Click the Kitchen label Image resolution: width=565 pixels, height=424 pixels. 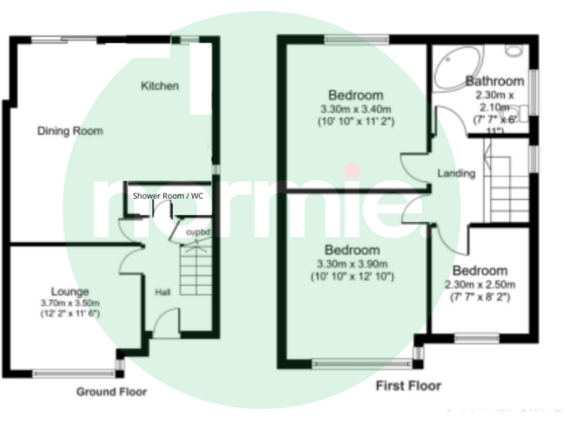pyautogui.click(x=160, y=86)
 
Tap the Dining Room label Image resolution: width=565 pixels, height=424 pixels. pyautogui.click(x=70, y=131)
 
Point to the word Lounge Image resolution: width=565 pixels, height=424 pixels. pyautogui.click(x=70, y=291)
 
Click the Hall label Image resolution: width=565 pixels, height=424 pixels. pyautogui.click(x=163, y=292)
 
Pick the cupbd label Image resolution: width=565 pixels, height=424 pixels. pyautogui.click(x=198, y=233)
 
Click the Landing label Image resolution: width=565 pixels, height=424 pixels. pyautogui.click(x=456, y=174)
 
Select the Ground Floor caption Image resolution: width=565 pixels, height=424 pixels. pyautogui.click(x=111, y=392)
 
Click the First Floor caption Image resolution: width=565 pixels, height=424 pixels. pyautogui.click(x=408, y=385)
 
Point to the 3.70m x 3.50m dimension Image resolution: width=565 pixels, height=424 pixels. pyautogui.click(x=70, y=303)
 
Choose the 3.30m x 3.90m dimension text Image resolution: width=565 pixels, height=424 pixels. pyautogui.click(x=352, y=264)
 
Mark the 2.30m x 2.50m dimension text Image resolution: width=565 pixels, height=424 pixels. pyautogui.click(x=480, y=285)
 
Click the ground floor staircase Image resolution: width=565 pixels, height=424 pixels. pyautogui.click(x=195, y=269)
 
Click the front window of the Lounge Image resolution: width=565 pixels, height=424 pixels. pyautogui.click(x=74, y=373)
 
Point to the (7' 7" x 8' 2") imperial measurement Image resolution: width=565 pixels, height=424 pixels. pyautogui.click(x=480, y=297)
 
